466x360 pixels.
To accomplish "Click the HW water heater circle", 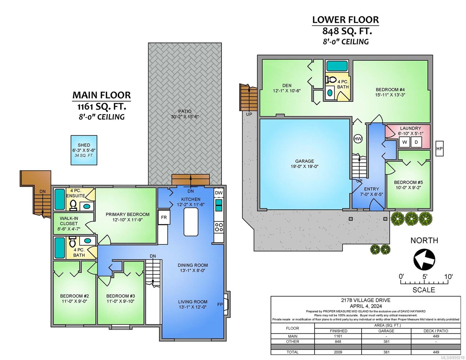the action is (358, 139).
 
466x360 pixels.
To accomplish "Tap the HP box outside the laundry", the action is (439, 148).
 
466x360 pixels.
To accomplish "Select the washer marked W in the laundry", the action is (404, 142).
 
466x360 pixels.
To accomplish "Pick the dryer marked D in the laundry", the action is (416, 142).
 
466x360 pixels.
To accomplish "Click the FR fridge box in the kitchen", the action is (164, 217).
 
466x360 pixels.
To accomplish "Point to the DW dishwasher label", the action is (219, 193).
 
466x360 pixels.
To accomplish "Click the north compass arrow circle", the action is (424, 259).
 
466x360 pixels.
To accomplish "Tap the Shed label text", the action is (84, 145).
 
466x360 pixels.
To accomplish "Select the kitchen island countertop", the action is (191, 222).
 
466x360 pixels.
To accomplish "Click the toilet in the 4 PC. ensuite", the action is (73, 205).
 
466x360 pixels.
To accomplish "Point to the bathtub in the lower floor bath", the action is (337, 66).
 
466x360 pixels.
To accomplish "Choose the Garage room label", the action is (305, 161).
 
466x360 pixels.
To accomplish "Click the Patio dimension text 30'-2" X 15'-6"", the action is (185, 117).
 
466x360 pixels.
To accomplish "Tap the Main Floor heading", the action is (102, 95).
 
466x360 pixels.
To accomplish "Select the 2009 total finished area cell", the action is (338, 352).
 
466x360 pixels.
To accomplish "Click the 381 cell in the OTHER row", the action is (386, 341).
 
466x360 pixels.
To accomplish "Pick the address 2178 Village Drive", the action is (366, 300).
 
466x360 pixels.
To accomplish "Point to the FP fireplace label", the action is (220, 304).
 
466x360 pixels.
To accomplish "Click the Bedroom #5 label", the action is (408, 182).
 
